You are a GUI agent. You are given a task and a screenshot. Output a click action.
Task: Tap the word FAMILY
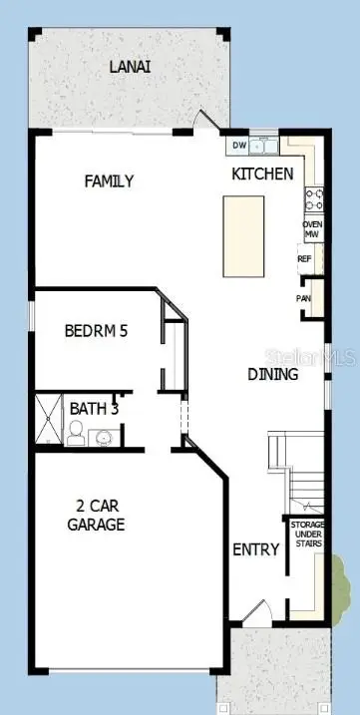coord(109,181)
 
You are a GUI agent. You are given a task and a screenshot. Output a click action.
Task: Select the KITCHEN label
coord(262,175)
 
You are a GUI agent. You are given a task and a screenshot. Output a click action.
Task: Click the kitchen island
coord(243,236)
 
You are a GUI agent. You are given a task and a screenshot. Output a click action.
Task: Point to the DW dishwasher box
coord(239,147)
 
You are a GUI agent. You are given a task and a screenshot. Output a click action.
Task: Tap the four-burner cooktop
coord(313,196)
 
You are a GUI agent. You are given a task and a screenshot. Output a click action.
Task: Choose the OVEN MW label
coord(312,229)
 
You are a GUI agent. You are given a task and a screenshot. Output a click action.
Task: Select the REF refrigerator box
coord(305,258)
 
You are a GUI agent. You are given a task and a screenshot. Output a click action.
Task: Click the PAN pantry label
coord(303,298)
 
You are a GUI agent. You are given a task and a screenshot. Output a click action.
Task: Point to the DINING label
coord(272,375)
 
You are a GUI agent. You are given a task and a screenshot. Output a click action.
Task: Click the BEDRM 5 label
coord(96,331)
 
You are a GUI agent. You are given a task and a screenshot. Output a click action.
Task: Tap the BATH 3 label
coord(94,408)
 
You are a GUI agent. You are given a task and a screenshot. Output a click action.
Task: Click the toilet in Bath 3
coord(75,432)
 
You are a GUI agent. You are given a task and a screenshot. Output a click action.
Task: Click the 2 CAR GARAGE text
coord(96,515)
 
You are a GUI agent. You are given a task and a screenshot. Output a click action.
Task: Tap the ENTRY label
coord(255,549)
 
